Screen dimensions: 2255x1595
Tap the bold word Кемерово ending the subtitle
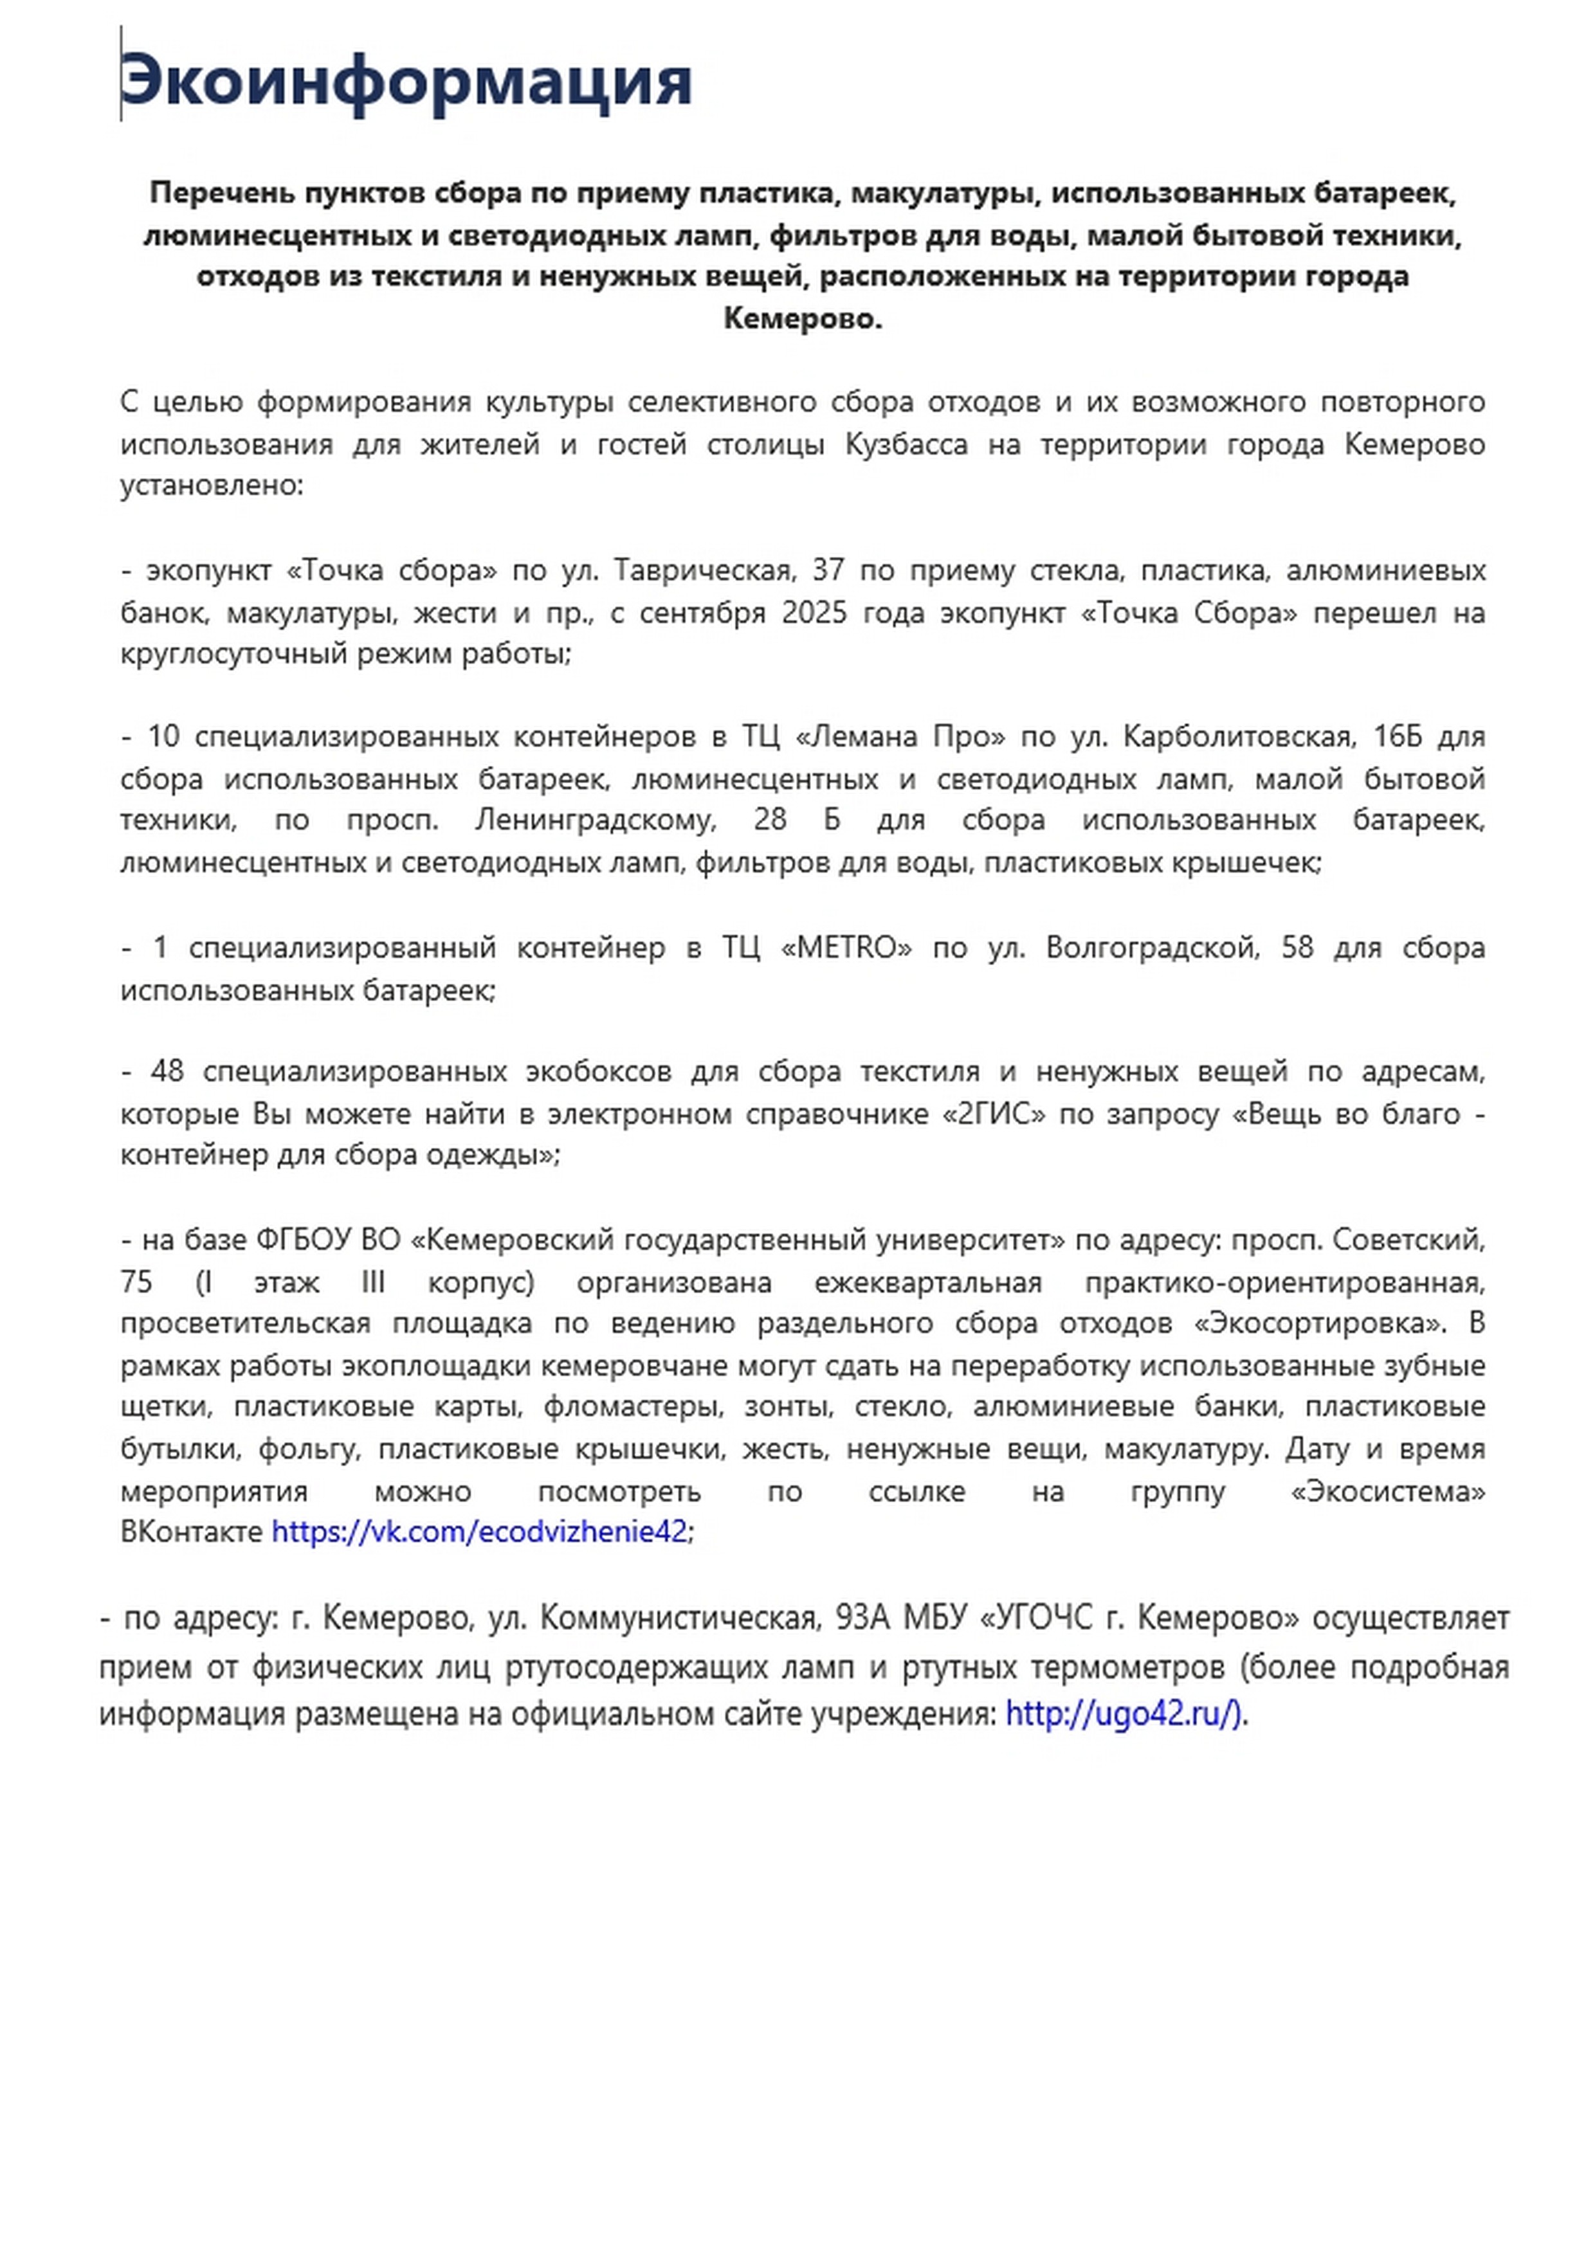(803, 319)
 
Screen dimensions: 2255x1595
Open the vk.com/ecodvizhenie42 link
(479, 1532)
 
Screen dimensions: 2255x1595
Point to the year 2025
(814, 612)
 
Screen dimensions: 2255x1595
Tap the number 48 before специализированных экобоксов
(167, 1071)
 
